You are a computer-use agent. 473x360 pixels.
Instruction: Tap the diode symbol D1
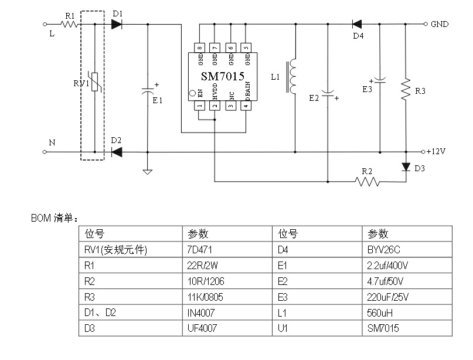116,24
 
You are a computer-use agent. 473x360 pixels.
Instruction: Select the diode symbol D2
116,152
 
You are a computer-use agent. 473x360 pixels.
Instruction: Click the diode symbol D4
356,24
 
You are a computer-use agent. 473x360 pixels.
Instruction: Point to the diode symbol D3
406,167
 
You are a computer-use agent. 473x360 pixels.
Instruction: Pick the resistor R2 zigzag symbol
367,182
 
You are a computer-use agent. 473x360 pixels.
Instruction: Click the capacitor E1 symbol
148,91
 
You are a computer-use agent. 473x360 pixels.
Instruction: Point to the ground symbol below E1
148,172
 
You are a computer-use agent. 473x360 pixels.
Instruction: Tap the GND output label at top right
439,25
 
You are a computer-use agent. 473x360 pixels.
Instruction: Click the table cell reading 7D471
197,250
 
